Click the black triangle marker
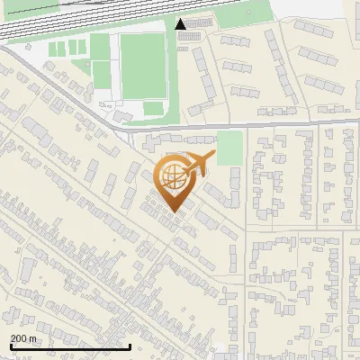click(181, 24)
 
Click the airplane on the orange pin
click(195, 163)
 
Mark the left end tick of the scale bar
click(10, 346)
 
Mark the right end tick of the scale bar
click(130, 346)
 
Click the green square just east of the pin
click(230, 148)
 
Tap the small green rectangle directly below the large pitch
click(154, 108)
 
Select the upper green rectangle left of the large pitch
click(100, 47)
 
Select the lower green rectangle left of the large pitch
click(101, 76)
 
